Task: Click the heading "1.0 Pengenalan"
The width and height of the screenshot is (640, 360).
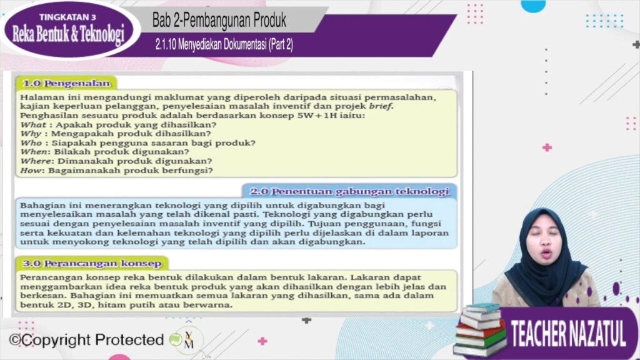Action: (66, 83)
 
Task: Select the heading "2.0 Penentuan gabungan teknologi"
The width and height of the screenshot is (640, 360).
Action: (349, 191)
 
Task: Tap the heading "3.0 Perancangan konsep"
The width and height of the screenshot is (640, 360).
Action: (92, 263)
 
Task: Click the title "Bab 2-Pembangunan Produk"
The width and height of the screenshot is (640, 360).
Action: (219, 21)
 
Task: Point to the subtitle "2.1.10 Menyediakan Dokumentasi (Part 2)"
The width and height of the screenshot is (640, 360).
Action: (224, 44)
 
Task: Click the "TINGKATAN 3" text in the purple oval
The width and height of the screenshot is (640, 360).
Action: (67, 17)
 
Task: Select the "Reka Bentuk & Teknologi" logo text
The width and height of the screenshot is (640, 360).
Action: (68, 34)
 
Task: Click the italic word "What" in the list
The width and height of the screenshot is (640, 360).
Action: (32, 125)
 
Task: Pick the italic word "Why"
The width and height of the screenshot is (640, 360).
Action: (31, 134)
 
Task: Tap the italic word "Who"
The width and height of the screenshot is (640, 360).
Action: (31, 143)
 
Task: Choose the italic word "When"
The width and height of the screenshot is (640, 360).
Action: (34, 152)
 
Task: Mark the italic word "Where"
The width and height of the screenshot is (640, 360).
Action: (36, 161)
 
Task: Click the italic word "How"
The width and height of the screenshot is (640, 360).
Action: (31, 170)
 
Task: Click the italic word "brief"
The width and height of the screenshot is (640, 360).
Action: (381, 106)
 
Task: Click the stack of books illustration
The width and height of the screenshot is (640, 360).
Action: (479, 330)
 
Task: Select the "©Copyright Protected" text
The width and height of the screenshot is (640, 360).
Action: (86, 339)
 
